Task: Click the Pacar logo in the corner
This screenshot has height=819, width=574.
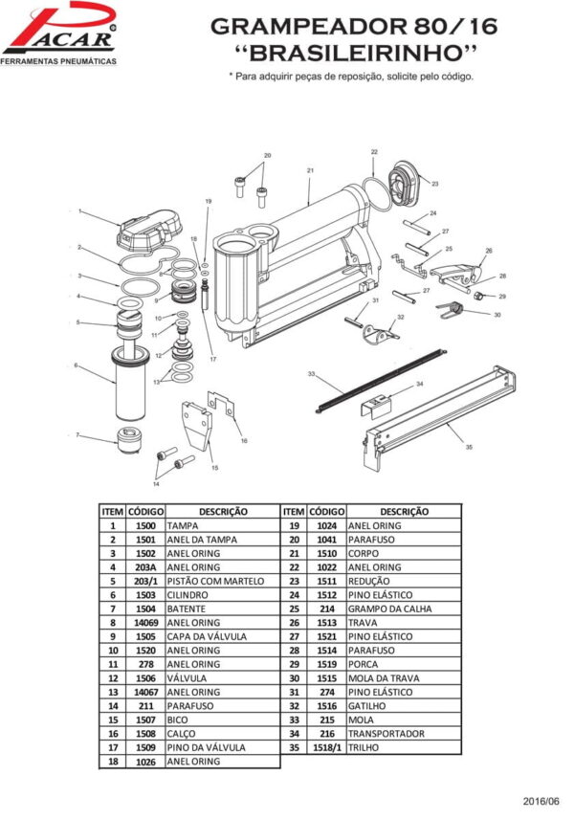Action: pyautogui.click(x=59, y=34)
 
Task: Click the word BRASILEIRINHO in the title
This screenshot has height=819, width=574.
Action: pyautogui.click(x=348, y=50)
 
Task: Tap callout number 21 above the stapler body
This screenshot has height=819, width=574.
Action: pyautogui.click(x=311, y=170)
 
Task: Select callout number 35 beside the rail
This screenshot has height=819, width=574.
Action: pyautogui.click(x=469, y=447)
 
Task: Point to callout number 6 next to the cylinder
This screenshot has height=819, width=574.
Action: pyautogui.click(x=76, y=365)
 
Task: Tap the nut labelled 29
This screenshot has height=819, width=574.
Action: pyautogui.click(x=487, y=296)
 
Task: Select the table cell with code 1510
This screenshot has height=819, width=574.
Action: pyautogui.click(x=326, y=553)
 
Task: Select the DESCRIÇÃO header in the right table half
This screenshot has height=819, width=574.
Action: pyautogui.click(x=404, y=512)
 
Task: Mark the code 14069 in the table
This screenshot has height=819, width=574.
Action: pyautogui.click(x=145, y=623)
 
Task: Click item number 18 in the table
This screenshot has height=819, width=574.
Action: pyautogui.click(x=112, y=762)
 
